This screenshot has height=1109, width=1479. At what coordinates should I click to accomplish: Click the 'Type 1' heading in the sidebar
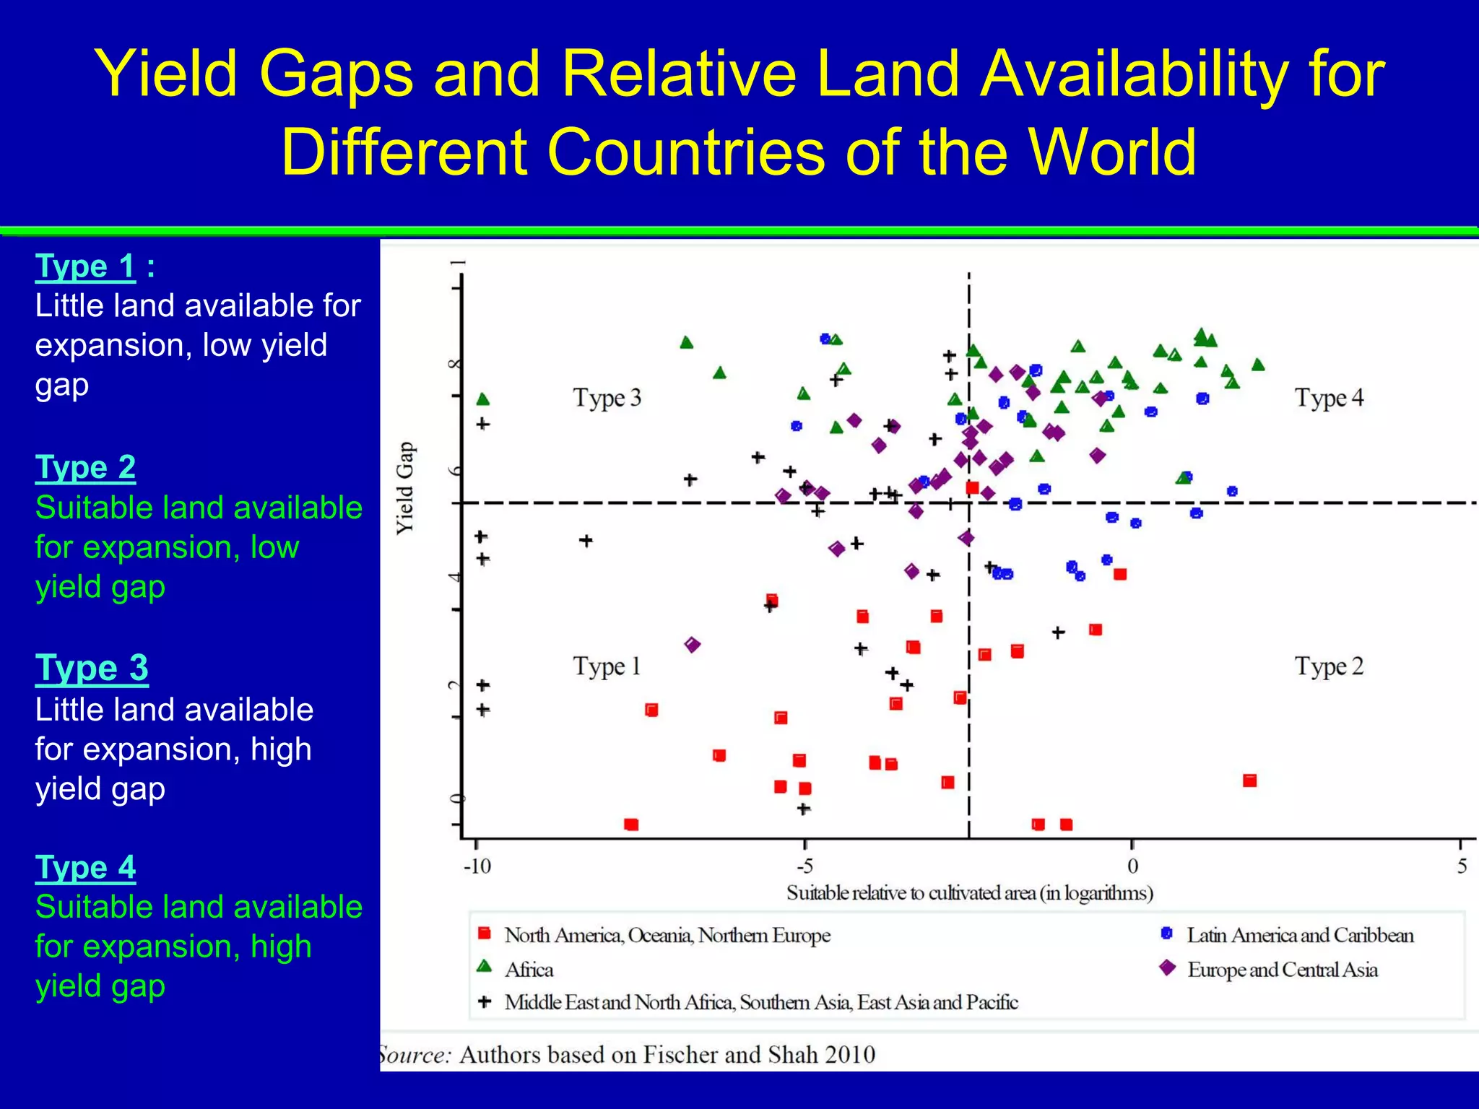pyautogui.click(x=85, y=266)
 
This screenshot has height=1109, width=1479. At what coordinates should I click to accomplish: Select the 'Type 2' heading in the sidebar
pyautogui.click(x=85, y=467)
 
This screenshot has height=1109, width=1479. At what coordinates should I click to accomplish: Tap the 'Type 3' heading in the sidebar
pyautogui.click(x=92, y=668)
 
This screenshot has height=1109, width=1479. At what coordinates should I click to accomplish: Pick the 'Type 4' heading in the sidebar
pyautogui.click(x=85, y=867)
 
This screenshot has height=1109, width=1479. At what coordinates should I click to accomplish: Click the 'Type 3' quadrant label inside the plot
pyautogui.click(x=607, y=398)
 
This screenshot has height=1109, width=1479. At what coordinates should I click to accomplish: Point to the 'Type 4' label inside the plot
pyautogui.click(x=1329, y=398)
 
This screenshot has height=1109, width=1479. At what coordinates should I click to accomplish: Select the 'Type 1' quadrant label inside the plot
pyautogui.click(x=607, y=666)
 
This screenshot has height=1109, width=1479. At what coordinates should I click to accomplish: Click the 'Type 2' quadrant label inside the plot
pyautogui.click(x=1329, y=666)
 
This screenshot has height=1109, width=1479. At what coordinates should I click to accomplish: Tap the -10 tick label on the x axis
pyautogui.click(x=477, y=866)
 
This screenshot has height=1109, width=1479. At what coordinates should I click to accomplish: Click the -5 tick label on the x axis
pyautogui.click(x=804, y=866)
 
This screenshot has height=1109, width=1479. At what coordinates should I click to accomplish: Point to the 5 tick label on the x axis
pyautogui.click(x=1462, y=866)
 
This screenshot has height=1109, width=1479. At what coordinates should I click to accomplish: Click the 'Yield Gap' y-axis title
pyautogui.click(x=405, y=488)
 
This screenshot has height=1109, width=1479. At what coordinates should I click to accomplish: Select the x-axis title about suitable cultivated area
pyautogui.click(x=969, y=893)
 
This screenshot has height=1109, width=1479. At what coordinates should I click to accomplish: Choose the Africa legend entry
pyautogui.click(x=529, y=970)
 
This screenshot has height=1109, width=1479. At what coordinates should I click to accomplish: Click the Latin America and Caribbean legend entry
pyautogui.click(x=1299, y=935)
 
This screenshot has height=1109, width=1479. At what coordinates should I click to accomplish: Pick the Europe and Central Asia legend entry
pyautogui.click(x=1282, y=970)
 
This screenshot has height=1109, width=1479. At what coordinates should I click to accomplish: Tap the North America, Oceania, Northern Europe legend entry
pyautogui.click(x=667, y=935)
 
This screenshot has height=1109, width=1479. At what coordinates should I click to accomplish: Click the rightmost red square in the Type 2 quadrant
pyautogui.click(x=1250, y=780)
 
